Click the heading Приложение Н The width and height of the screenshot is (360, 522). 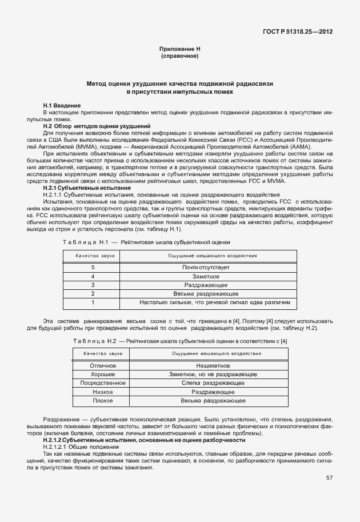[179, 49]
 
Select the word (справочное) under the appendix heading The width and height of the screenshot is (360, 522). [179, 57]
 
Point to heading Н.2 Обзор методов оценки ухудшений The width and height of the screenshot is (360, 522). [97, 125]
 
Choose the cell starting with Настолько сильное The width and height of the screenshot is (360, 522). [215, 302]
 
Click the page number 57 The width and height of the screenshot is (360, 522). [330, 478]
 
